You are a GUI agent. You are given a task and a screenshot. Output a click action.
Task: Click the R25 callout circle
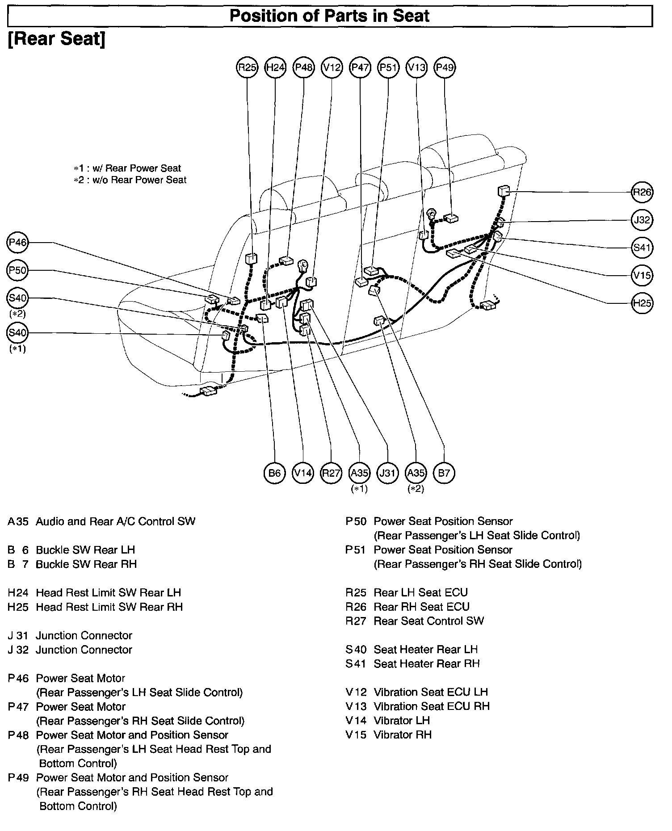(x=247, y=67)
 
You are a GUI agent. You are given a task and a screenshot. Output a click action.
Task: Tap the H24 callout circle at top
(x=275, y=67)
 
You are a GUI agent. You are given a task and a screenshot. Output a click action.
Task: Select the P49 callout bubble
(x=445, y=67)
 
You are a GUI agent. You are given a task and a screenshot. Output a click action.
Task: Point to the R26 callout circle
(x=642, y=192)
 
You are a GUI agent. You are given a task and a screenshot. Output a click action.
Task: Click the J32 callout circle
(x=642, y=220)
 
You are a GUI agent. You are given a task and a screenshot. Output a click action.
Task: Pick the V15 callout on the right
(x=642, y=275)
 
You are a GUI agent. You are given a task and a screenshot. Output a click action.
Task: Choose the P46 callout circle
(x=18, y=243)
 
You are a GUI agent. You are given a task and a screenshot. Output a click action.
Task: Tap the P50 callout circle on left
(x=18, y=270)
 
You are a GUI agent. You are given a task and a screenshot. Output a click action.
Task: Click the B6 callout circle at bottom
(x=274, y=473)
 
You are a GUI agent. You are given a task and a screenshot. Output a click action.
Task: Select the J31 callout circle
(x=387, y=473)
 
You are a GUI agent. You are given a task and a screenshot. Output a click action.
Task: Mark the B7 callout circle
(x=444, y=473)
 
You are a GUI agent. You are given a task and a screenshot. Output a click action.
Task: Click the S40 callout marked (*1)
(x=18, y=333)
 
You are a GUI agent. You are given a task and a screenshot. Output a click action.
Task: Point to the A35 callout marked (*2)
(x=416, y=473)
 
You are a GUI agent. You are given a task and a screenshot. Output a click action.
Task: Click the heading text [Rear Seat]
(x=57, y=39)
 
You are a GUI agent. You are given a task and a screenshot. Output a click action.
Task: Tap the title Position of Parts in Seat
(x=329, y=16)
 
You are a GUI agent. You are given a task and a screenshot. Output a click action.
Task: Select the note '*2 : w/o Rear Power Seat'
(x=130, y=180)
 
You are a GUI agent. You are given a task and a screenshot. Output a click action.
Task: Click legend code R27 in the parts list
(x=356, y=621)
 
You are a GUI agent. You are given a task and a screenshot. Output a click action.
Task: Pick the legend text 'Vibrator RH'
(x=403, y=735)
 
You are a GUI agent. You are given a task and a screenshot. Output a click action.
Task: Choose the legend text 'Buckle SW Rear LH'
(x=85, y=550)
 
